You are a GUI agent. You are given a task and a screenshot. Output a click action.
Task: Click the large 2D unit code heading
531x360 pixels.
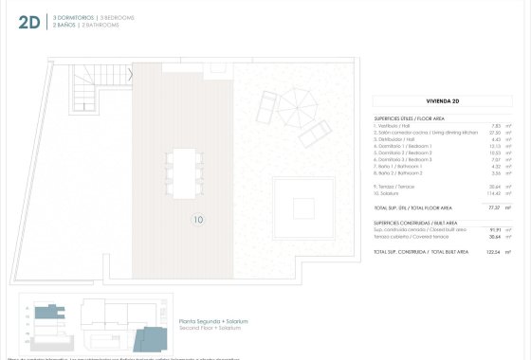29,22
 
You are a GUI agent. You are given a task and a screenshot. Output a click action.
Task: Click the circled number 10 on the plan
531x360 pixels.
198,221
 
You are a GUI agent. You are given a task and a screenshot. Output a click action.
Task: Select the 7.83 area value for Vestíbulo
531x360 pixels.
494,125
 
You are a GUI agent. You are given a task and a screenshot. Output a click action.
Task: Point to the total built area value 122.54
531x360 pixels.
492,252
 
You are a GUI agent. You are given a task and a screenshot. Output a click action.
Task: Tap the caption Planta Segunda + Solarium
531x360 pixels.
213,321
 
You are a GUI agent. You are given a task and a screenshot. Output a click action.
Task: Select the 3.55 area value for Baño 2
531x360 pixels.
494,173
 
